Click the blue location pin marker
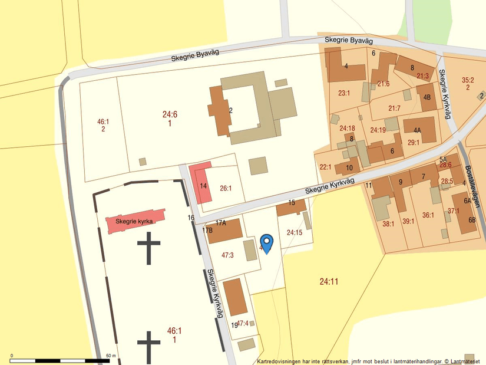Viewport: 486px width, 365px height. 267,243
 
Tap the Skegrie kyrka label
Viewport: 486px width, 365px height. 134,221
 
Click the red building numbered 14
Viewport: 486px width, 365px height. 203,185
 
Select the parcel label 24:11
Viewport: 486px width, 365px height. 329,281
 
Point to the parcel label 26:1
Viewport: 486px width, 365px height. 226,189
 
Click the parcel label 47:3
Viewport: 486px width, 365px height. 227,255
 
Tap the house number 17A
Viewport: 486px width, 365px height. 221,223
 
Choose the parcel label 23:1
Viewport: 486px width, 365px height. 344,93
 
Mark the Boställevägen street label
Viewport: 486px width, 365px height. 472,185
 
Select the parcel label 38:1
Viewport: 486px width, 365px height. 388,223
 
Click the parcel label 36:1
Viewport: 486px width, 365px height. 428,215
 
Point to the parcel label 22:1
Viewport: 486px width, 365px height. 325,167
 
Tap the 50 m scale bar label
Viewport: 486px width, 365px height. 110,356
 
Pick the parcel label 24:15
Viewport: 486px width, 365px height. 295,232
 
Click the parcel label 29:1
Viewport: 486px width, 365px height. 413,142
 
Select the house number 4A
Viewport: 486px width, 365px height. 417,130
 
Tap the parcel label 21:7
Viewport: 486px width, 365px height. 394,108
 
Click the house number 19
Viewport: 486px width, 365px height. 234,325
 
